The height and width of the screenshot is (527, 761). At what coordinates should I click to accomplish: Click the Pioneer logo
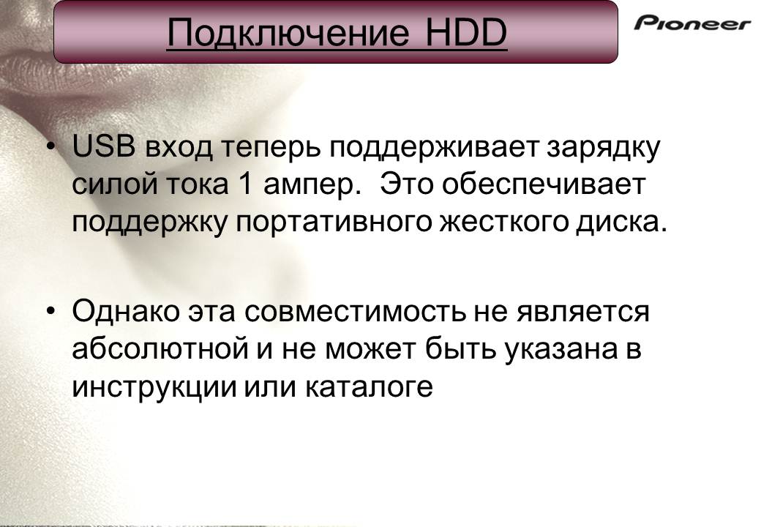[692, 23]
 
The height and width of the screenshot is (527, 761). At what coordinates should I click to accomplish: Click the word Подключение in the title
[288, 32]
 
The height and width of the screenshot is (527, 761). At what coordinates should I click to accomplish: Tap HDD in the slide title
[466, 32]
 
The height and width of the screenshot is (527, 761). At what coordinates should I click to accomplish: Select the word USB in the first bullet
[103, 146]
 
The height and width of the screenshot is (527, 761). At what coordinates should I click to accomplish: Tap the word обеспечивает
[544, 184]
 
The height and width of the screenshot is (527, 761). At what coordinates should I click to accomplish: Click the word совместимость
[354, 311]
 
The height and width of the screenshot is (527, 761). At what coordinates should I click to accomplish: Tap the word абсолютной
[160, 348]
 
